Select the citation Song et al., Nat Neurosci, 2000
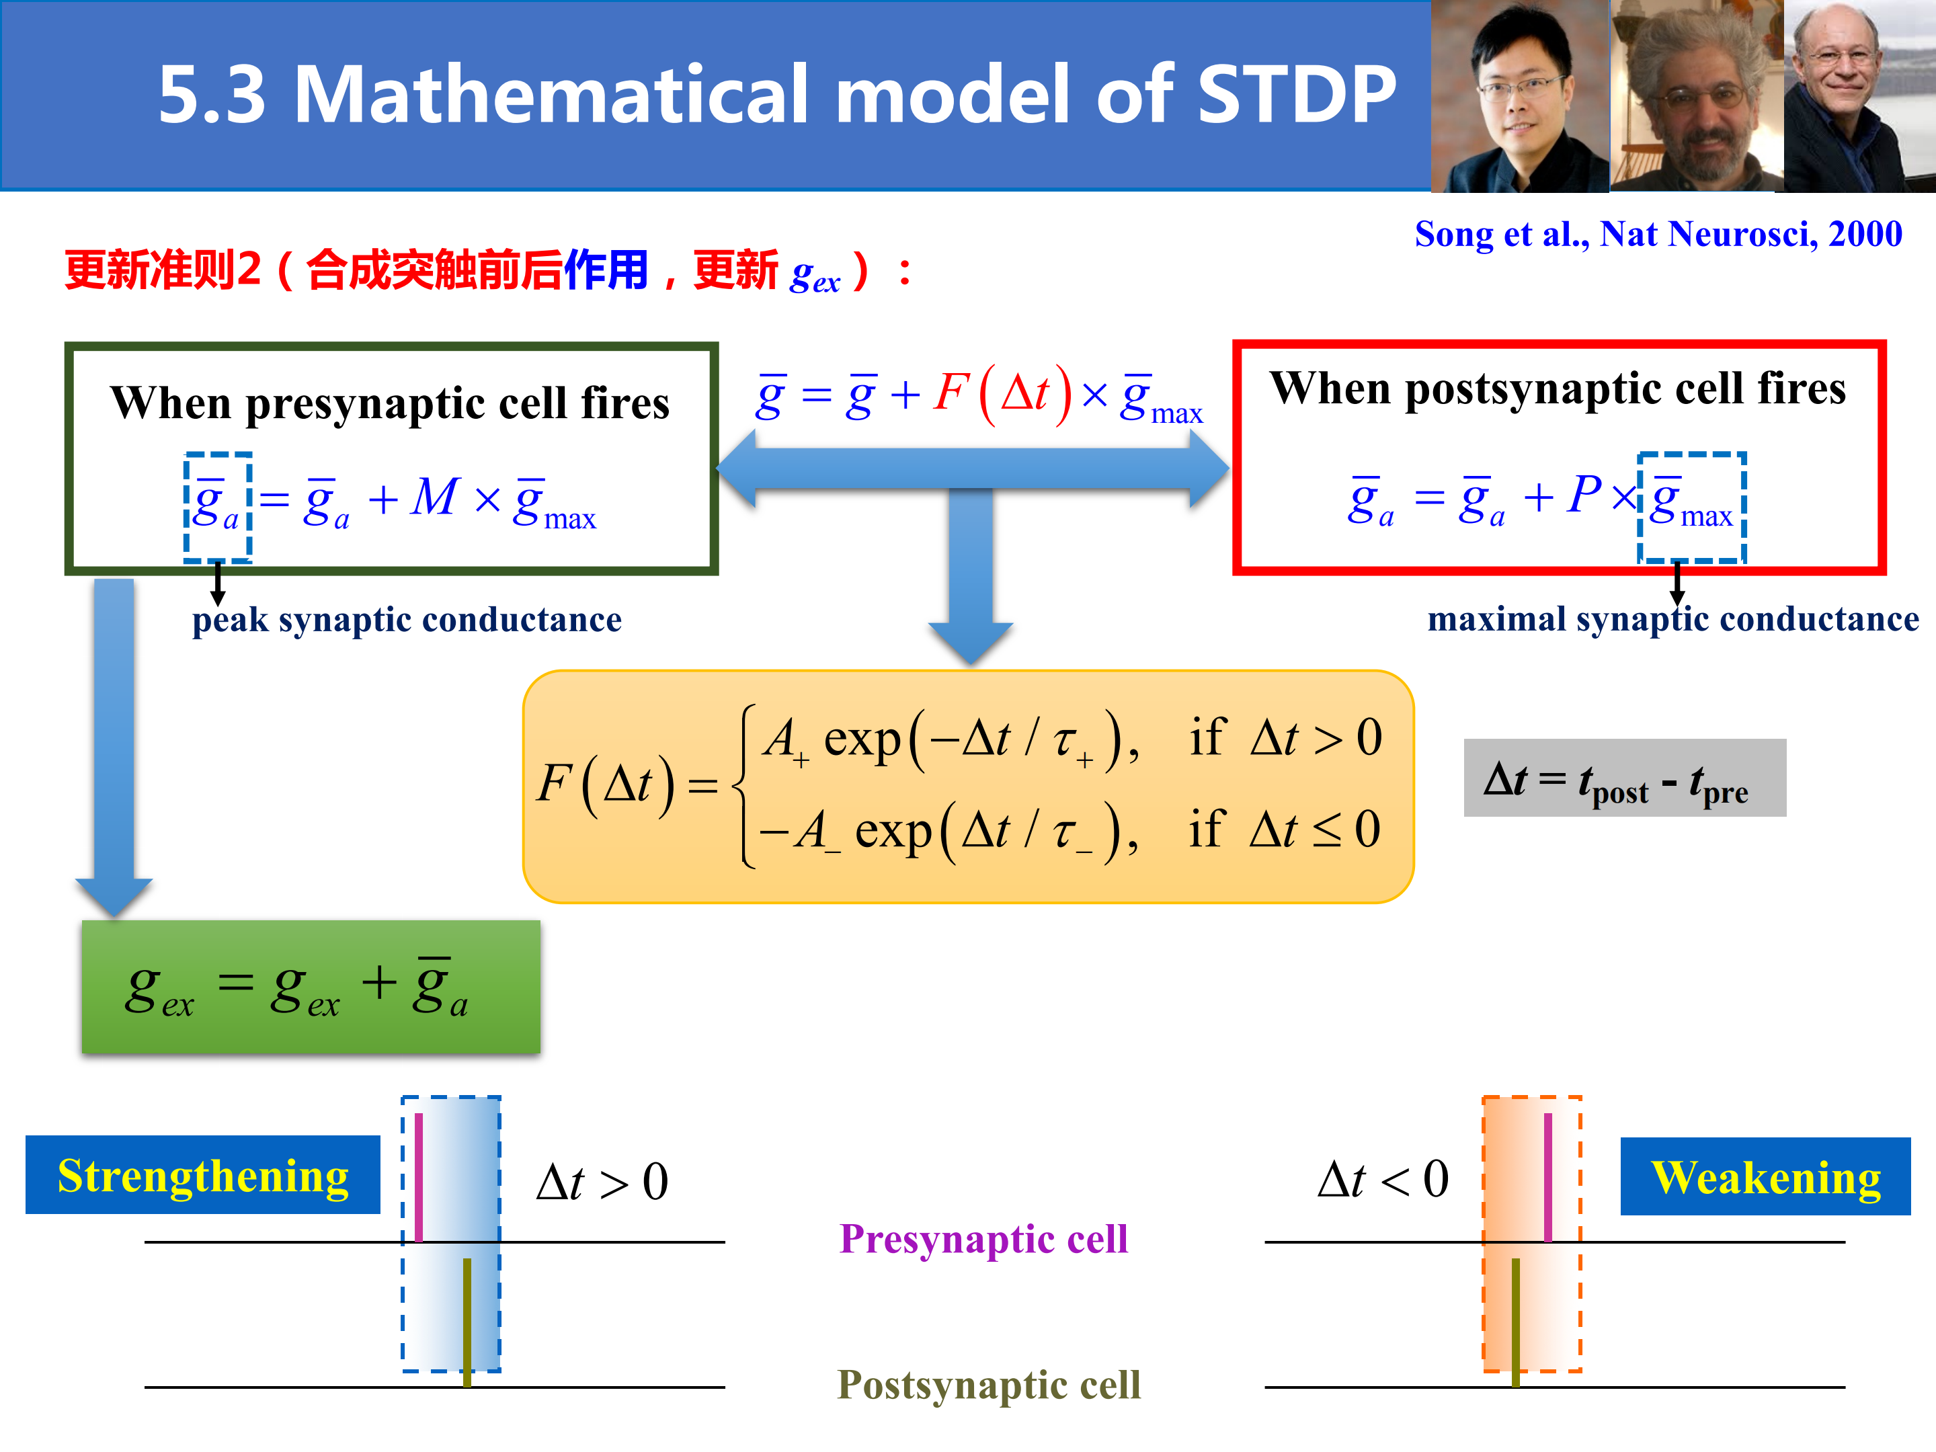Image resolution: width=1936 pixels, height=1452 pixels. point(1658,235)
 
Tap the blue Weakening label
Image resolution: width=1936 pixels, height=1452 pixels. point(1765,1176)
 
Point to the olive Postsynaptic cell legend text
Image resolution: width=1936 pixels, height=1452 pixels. point(989,1385)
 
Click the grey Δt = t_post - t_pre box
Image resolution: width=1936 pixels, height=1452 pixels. point(1624,778)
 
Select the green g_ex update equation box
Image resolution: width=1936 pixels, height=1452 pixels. point(311,986)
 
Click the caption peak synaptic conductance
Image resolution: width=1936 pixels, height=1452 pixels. point(407,620)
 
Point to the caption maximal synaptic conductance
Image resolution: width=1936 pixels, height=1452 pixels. point(1673,619)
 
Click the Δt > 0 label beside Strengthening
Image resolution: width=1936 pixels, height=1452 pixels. point(603,1182)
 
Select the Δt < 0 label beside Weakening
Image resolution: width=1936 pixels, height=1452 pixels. point(1383,1179)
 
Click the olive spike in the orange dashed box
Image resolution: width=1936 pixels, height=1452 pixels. point(1516,1322)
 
